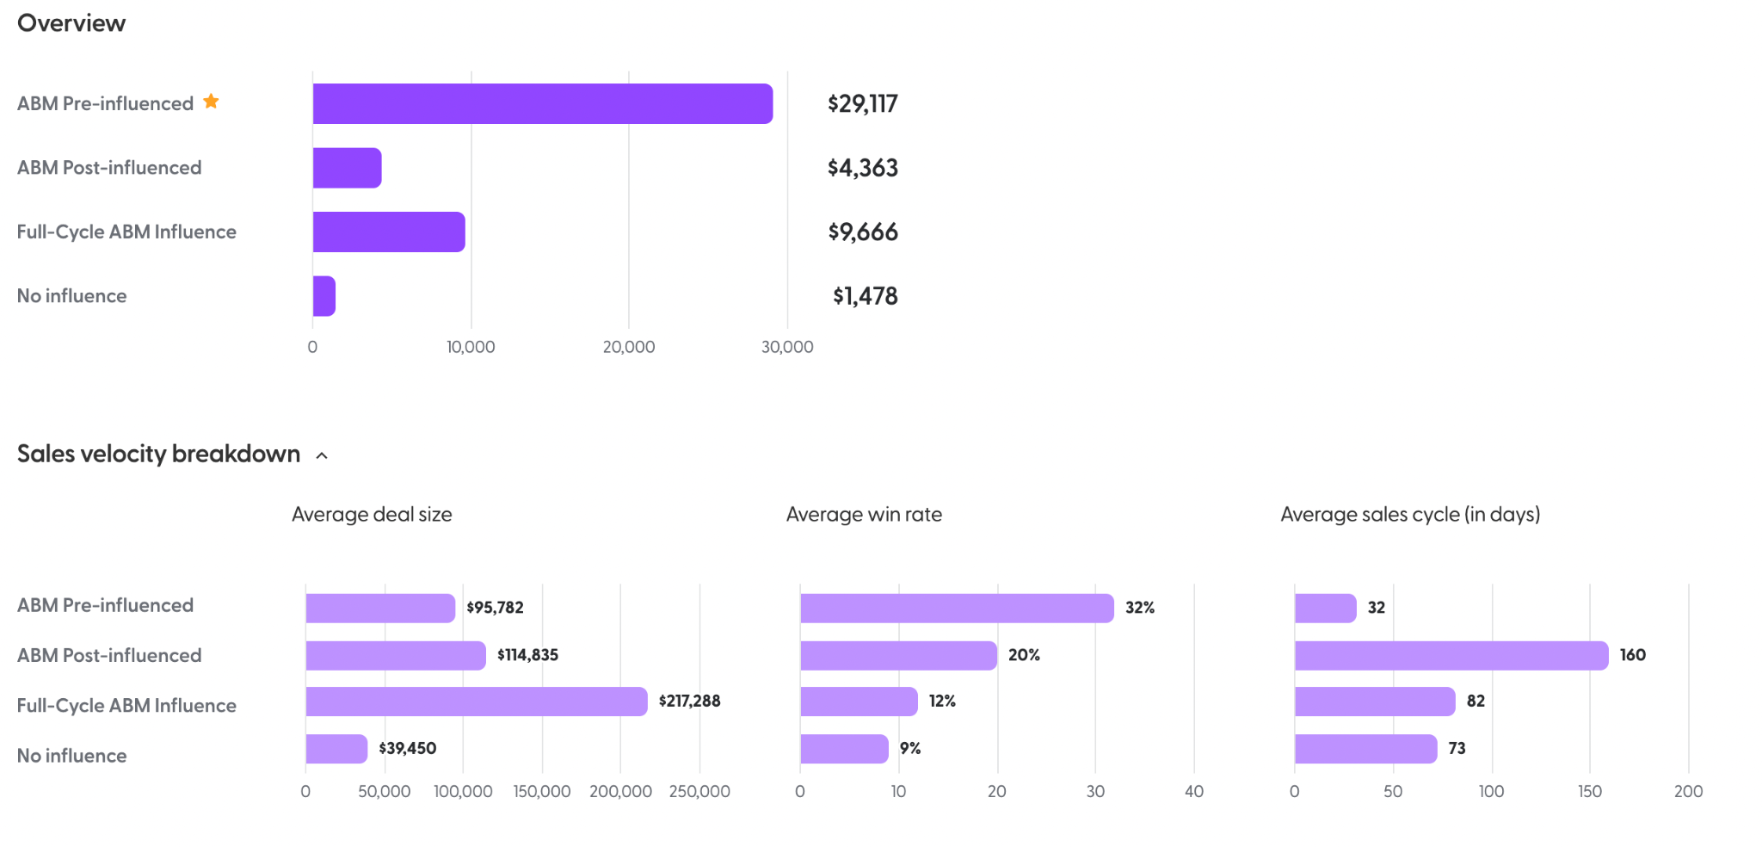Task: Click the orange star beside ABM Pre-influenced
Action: [x=211, y=102]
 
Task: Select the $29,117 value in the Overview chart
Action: [x=862, y=104]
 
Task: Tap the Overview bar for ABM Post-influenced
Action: [x=348, y=168]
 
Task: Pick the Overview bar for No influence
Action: [x=324, y=296]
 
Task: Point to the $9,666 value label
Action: [x=863, y=232]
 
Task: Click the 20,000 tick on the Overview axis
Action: [x=628, y=347]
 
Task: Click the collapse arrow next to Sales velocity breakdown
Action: [x=322, y=455]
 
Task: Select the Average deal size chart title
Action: [x=372, y=515]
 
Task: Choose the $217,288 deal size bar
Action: [x=476, y=702]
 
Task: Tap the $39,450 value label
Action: [x=408, y=749]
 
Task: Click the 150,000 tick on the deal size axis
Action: [x=542, y=792]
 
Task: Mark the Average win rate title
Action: [x=864, y=515]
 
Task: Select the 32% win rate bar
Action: [x=957, y=609]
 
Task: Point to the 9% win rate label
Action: [x=910, y=749]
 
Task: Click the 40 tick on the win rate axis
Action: [x=1193, y=792]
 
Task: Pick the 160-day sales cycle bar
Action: [x=1451, y=656]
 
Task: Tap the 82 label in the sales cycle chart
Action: [x=1476, y=702]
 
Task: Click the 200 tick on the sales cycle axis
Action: [x=1688, y=792]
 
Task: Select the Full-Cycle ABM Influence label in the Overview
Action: [x=126, y=232]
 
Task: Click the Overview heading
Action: [x=71, y=23]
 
